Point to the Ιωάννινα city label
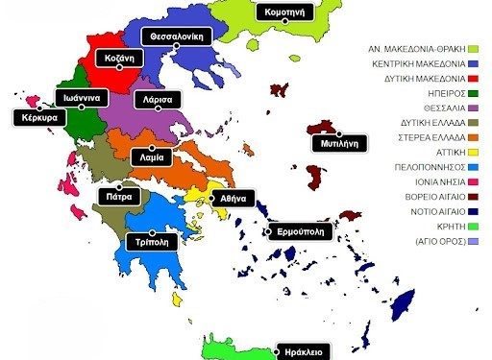coord(79,98)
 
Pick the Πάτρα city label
coord(119,196)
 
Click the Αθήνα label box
coord(234,197)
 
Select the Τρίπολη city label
coord(152,241)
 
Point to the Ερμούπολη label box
coord(299,231)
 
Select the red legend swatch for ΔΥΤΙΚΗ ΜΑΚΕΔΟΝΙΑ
coord(473,78)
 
